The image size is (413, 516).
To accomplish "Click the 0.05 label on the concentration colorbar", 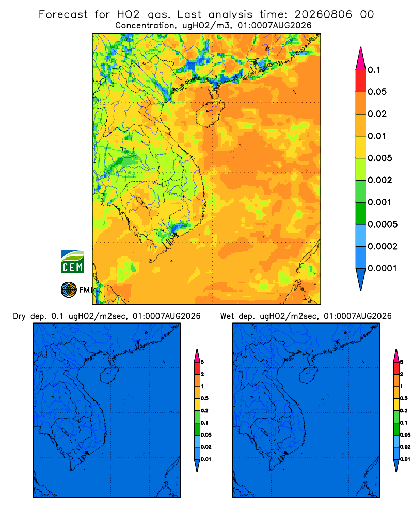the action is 377,92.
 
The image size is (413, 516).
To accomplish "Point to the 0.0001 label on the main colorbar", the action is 383,268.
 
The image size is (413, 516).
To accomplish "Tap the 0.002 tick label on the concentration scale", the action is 380,180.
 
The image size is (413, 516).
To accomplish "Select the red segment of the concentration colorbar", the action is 361,81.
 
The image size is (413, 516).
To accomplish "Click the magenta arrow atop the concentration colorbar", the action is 361,59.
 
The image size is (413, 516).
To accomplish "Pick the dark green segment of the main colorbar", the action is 361,213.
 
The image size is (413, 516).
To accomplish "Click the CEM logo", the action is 72,262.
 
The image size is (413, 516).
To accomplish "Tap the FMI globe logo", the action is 69,289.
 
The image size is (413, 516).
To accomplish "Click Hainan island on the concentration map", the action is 210,114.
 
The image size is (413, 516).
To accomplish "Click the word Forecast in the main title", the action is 63,14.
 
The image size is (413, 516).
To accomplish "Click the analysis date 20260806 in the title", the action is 323,14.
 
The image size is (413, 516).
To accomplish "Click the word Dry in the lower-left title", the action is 19,316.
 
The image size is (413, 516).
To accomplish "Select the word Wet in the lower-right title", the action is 228,316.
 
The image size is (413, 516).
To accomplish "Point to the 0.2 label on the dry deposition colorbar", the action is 204,411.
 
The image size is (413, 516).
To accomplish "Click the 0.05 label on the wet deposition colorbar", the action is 405,435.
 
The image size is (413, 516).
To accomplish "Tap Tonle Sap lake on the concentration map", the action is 141,202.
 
